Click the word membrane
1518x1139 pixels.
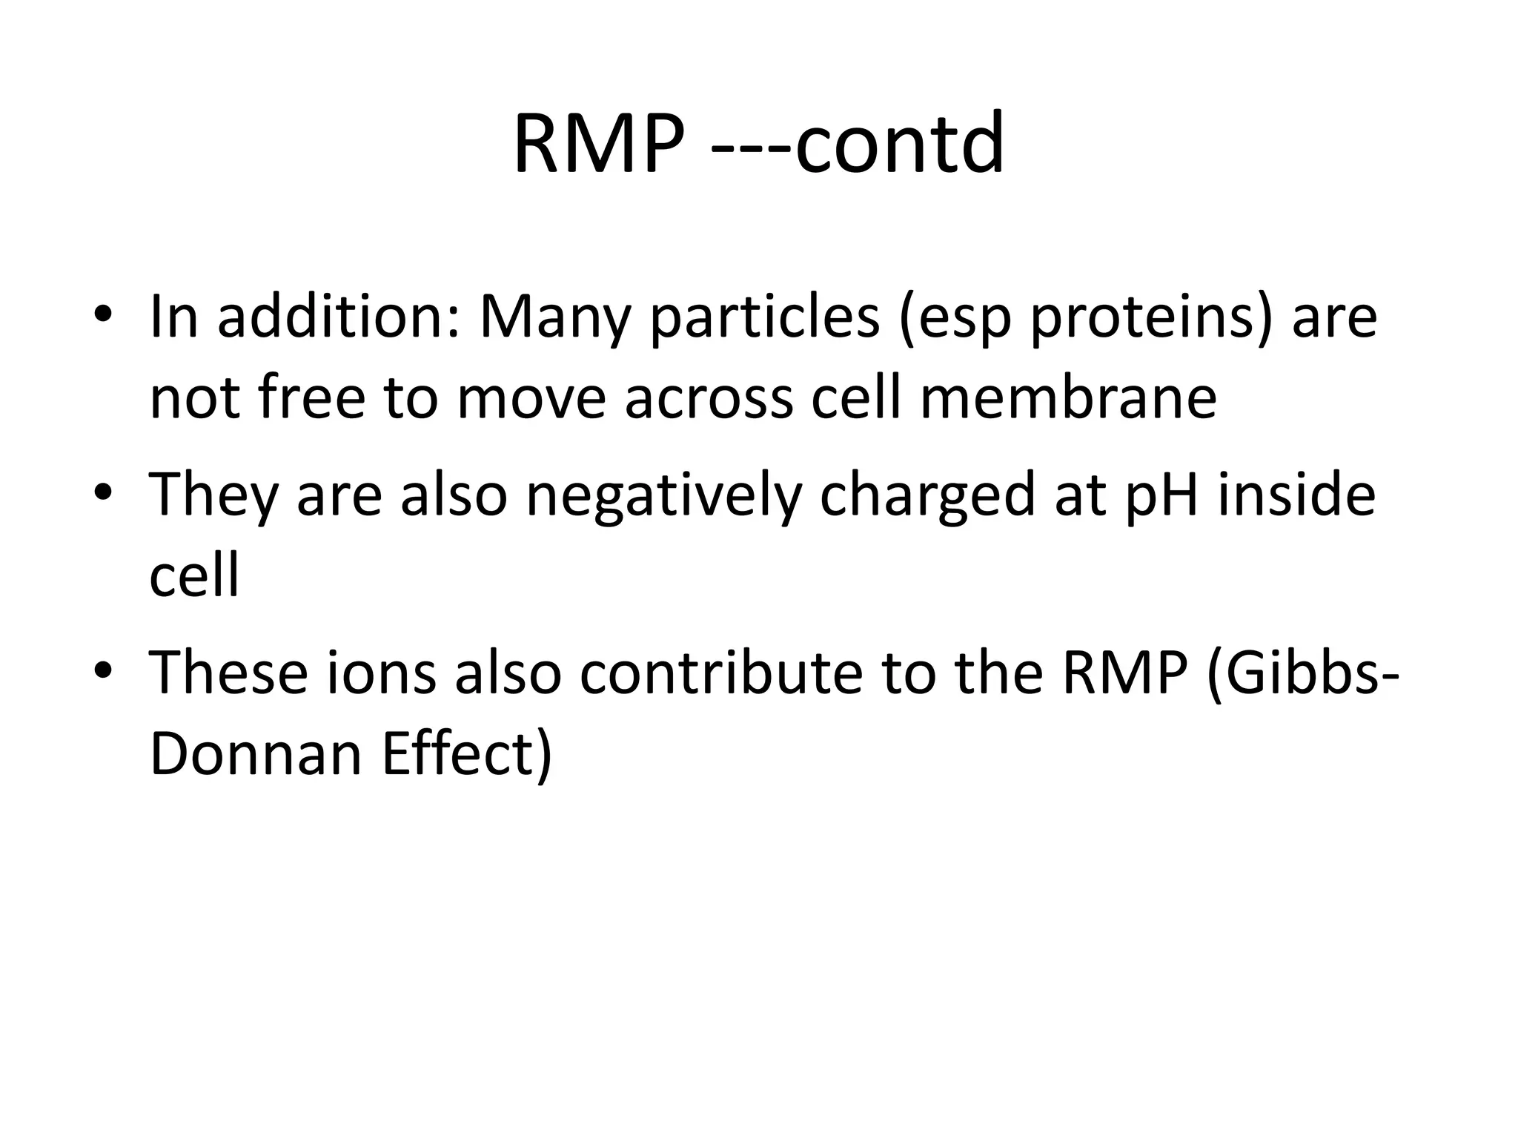pos(1068,397)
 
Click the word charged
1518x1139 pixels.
pos(927,495)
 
